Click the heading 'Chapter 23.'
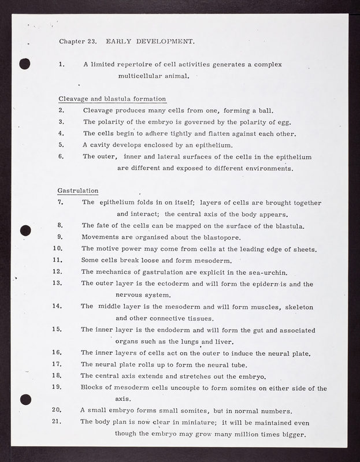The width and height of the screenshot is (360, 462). (x=77, y=42)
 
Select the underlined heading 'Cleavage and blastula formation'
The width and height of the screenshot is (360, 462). (x=112, y=99)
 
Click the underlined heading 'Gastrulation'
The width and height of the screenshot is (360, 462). (x=78, y=191)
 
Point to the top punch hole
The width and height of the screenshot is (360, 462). (x=24, y=64)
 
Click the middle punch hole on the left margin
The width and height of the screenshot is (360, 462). (x=24, y=230)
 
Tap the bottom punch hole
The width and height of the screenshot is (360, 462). (x=24, y=398)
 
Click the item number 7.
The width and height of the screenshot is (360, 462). (x=61, y=203)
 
